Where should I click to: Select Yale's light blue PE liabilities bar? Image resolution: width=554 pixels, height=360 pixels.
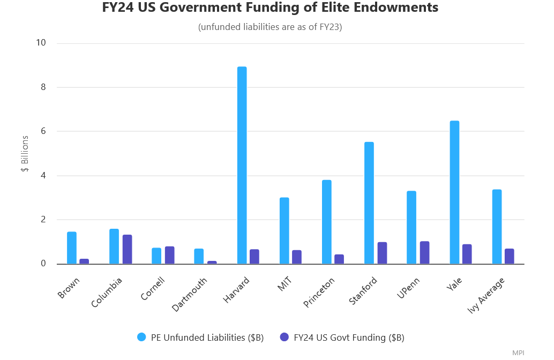point(454,192)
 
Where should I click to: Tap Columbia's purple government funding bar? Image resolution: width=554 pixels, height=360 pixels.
point(127,249)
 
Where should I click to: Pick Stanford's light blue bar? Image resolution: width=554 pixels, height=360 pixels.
point(369,203)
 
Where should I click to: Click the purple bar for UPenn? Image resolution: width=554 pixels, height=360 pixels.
point(424,252)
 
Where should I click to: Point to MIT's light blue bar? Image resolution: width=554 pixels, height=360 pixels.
point(284,230)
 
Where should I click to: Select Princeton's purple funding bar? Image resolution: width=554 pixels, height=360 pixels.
point(340,259)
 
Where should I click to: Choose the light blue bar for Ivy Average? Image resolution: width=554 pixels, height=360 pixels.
point(497,227)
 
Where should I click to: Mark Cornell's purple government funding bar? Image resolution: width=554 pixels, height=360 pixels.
point(169,255)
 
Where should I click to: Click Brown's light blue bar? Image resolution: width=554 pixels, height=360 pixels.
point(72,247)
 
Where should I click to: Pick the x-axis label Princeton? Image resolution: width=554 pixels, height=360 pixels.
point(319,292)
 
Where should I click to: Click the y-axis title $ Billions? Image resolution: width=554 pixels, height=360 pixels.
point(25,154)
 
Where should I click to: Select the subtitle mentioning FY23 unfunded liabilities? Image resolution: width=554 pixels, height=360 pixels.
point(270,27)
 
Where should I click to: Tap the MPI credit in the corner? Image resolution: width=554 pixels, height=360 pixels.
point(518,352)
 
